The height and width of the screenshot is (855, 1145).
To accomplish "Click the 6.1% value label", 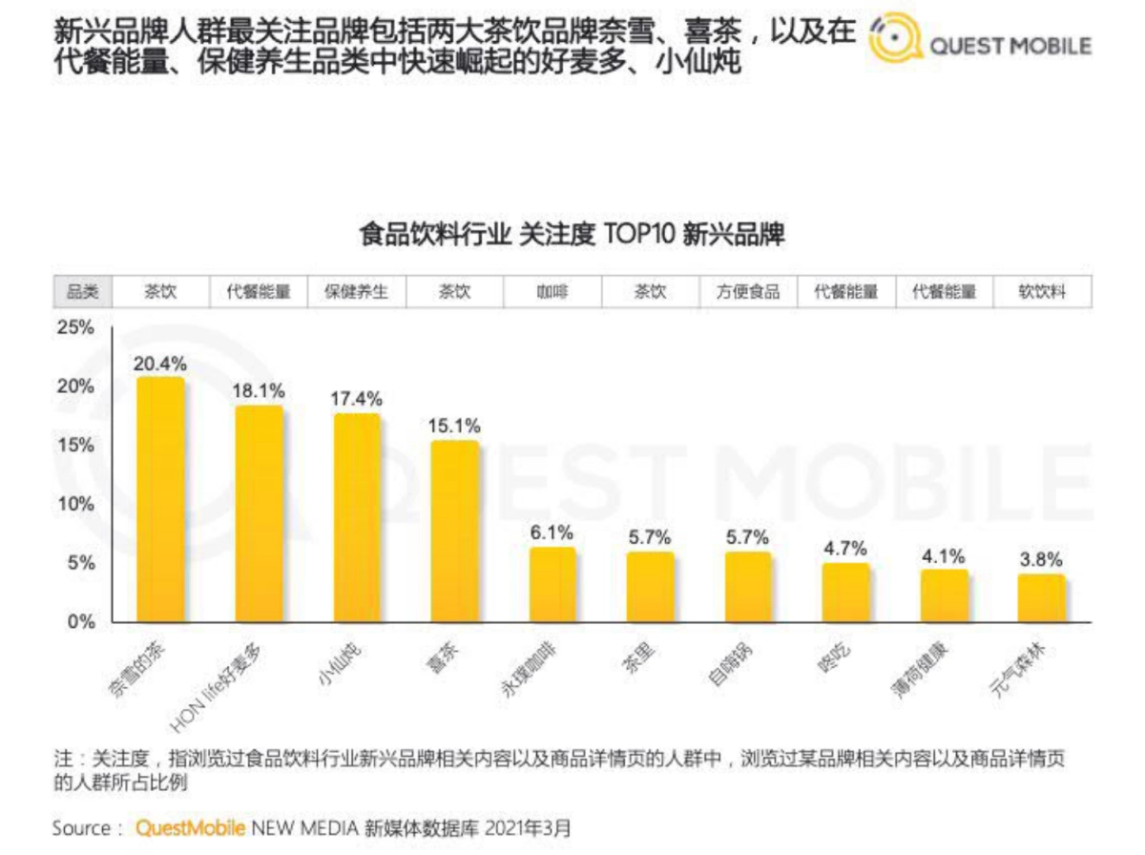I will (552, 532).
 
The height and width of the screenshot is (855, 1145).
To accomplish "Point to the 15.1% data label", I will (455, 426).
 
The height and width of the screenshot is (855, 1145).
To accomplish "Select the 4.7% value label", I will (845, 549).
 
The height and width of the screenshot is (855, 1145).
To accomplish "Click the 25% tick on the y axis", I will (76, 328).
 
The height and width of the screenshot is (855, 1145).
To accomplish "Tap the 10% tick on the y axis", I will (76, 504).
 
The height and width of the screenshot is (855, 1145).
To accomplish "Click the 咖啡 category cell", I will (552, 293).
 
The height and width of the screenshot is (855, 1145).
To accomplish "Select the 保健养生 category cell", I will (357, 293).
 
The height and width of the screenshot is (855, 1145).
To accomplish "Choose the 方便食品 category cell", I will (748, 293).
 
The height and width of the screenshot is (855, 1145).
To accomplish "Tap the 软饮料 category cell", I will (1042, 293).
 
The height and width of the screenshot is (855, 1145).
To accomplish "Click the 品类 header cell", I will (82, 293).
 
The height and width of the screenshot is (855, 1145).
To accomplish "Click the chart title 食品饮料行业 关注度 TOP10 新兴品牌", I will (572, 235).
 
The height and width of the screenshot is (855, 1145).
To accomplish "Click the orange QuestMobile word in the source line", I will (190, 827).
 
